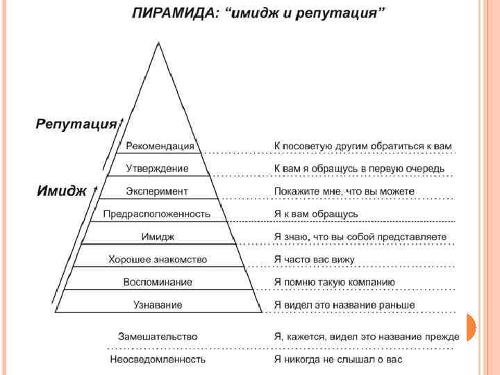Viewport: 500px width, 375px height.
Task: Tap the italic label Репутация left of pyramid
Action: pos(76,124)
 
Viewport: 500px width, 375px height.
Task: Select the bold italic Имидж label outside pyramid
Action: pos(61,191)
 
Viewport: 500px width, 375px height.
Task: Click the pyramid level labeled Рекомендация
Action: pos(160,147)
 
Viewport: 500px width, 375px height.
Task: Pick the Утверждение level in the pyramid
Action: pos(158,169)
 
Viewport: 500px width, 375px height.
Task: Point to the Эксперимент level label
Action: pos(157,191)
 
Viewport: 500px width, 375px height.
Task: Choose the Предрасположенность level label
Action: pos(157,214)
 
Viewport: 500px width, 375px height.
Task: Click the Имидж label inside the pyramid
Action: pos(158,237)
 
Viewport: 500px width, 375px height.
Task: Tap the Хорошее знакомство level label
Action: pos(158,259)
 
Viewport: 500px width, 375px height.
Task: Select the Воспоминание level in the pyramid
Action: pos(158,282)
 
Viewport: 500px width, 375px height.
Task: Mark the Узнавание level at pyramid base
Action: pos(158,304)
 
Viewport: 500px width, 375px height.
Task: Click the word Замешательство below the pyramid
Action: pos(158,336)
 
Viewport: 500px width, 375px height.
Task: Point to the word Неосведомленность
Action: pos(158,359)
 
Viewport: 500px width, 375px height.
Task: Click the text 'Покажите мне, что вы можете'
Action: pos(344,191)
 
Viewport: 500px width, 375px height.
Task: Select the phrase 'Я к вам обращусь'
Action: pos(316,214)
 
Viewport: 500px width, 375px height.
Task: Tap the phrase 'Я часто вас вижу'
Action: pos(315,259)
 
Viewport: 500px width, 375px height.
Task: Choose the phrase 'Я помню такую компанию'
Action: pos(335,282)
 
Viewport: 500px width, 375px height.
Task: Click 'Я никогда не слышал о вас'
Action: pos(338,359)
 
